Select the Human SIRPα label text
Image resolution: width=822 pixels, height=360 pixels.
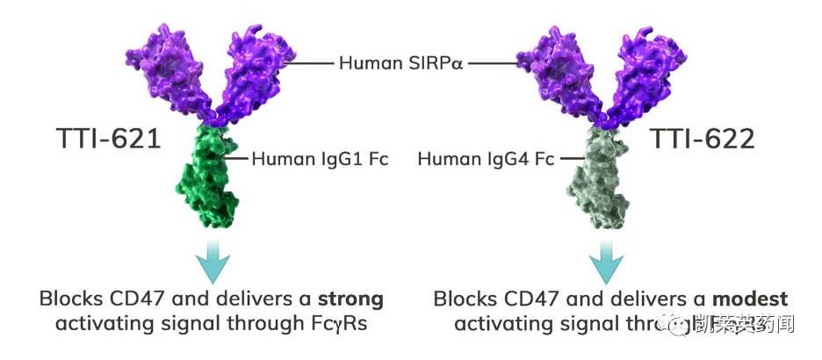point(401,63)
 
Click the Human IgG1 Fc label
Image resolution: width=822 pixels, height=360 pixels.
point(320,159)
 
